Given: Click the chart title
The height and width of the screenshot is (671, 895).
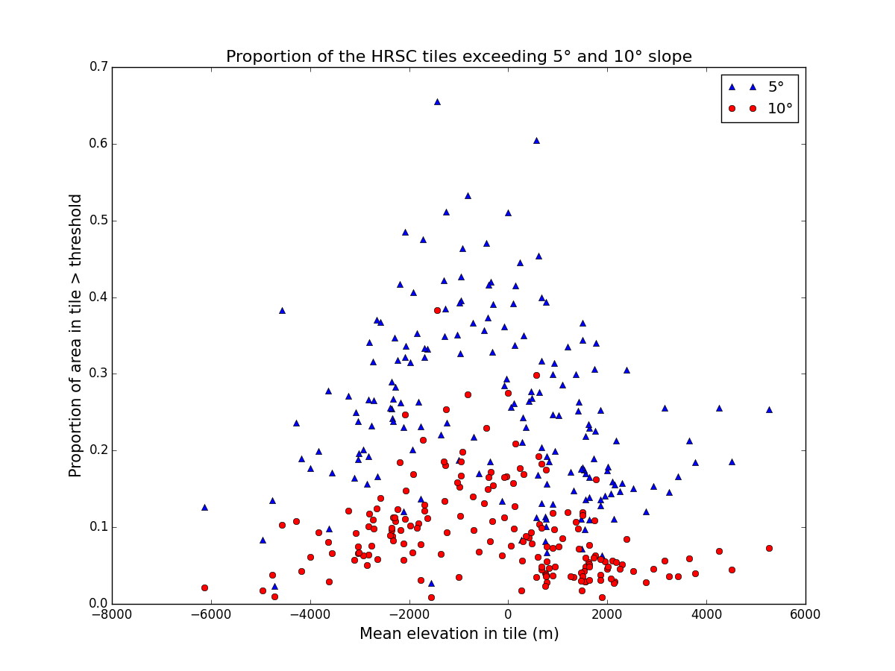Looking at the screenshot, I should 459,57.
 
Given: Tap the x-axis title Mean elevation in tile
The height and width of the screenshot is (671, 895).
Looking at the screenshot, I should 459,634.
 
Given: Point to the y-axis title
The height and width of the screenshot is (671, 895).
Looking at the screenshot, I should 76,335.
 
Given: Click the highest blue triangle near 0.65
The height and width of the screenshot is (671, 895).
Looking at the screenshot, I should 437,101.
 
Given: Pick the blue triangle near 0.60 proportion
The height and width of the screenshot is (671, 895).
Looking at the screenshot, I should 536,140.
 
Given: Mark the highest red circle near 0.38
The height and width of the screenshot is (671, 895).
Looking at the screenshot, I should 437,310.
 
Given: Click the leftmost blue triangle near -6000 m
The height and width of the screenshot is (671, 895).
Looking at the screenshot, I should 204,507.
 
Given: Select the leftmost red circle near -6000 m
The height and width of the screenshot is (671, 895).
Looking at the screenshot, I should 204,587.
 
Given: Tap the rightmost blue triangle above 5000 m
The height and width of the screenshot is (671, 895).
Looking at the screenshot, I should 769,409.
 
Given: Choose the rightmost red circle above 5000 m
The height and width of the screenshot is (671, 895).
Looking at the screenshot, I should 769,548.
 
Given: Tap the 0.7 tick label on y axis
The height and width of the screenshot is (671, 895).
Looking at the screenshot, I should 98,68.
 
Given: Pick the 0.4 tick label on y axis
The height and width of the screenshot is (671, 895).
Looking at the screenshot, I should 98,297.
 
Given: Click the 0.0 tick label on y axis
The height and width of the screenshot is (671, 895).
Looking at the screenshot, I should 98,604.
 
